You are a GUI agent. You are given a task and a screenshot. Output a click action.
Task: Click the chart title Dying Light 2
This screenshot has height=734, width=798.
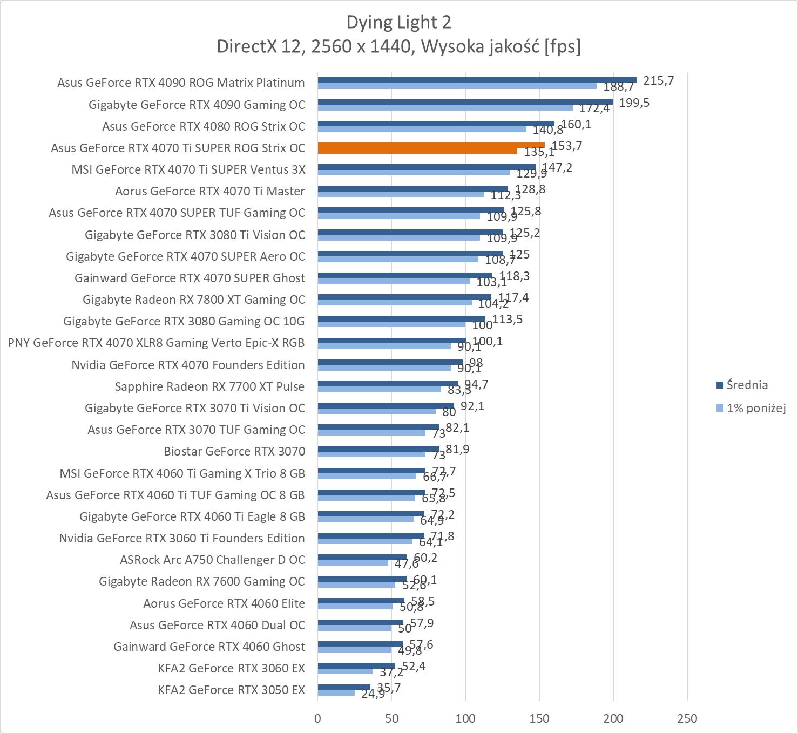point(398,22)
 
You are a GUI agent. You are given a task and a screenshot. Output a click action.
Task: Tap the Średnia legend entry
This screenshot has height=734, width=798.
point(747,385)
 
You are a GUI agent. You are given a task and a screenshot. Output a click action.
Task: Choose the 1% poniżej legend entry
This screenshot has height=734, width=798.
point(755,408)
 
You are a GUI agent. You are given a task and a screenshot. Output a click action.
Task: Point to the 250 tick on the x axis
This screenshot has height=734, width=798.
point(687,718)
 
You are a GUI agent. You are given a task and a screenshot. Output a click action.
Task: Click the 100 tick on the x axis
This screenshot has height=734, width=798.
point(465,718)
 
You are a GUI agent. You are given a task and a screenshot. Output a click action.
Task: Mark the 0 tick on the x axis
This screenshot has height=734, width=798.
point(317,718)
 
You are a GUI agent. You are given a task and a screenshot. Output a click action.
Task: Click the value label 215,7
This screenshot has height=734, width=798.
point(658,80)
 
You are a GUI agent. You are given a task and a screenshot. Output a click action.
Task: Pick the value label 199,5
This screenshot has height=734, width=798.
point(634,103)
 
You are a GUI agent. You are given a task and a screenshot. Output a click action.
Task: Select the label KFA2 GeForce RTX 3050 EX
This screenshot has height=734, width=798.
point(231,690)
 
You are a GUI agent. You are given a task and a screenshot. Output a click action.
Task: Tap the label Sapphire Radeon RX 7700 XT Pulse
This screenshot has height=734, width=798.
point(209,386)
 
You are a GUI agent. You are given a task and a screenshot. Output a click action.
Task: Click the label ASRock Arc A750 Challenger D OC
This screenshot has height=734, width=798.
point(212,560)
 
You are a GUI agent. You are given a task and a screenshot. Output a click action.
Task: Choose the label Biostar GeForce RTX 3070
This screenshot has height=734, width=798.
point(234,451)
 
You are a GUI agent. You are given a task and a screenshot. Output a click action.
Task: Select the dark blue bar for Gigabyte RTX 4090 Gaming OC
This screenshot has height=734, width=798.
point(464,101)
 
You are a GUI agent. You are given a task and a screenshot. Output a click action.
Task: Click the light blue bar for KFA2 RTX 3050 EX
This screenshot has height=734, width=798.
point(336,693)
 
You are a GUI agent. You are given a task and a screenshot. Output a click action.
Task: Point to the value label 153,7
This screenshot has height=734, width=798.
point(566,146)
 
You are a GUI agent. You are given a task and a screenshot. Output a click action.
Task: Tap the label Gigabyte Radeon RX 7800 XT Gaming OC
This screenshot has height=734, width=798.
point(194,300)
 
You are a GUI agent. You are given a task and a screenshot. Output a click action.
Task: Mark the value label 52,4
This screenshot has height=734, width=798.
point(414,667)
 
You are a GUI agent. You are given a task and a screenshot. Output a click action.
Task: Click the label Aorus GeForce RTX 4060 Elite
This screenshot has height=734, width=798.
point(224,603)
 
